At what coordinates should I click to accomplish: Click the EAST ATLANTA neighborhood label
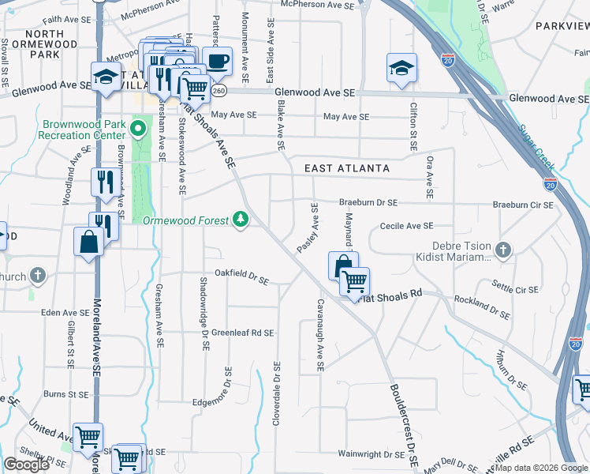click(x=347, y=168)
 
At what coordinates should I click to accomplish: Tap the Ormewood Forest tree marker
click(x=241, y=220)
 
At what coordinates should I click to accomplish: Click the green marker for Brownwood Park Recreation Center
click(x=140, y=128)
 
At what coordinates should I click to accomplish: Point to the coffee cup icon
click(x=217, y=62)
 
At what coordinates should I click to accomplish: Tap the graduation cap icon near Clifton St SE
click(x=401, y=69)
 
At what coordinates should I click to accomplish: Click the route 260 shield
click(x=218, y=91)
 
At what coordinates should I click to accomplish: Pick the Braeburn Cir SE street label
click(x=523, y=205)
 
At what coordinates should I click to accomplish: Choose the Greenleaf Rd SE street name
click(x=242, y=333)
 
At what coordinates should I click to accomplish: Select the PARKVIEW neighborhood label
click(x=561, y=26)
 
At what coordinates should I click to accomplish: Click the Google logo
click(x=26, y=465)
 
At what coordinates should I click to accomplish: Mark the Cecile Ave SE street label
click(x=407, y=226)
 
